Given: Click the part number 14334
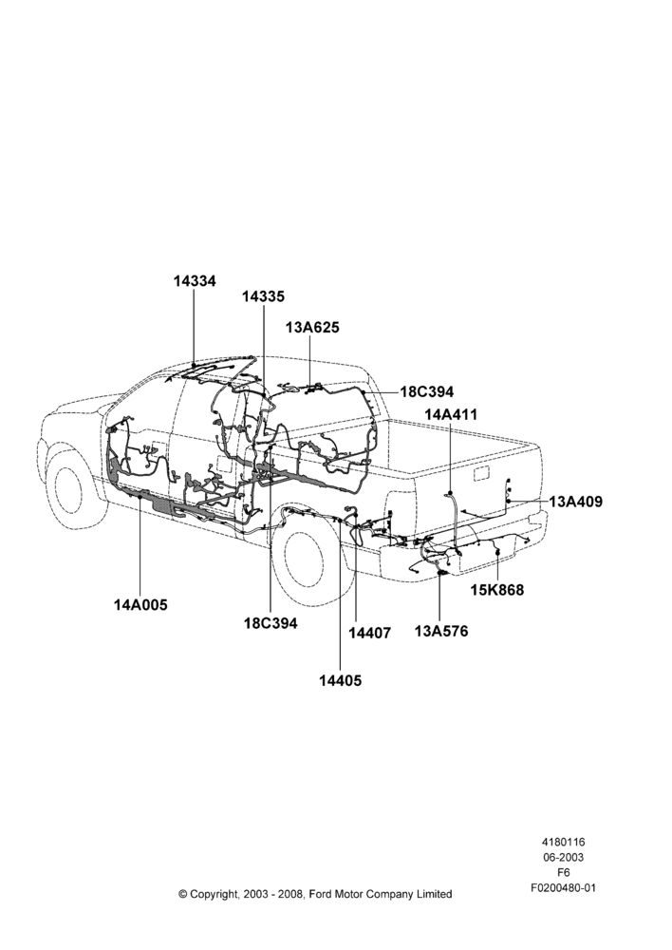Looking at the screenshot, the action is (x=195, y=281).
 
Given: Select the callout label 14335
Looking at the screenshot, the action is (x=263, y=296).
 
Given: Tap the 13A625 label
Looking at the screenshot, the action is (x=312, y=327).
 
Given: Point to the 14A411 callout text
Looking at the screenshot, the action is (x=451, y=415).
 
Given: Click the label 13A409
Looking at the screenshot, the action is (x=576, y=502).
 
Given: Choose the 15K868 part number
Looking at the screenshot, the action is (x=497, y=590).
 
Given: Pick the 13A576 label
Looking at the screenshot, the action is (x=441, y=631).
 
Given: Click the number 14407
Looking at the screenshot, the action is (x=370, y=633).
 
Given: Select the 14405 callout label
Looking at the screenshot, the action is (x=340, y=680).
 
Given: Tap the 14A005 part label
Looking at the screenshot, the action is (x=140, y=604).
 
